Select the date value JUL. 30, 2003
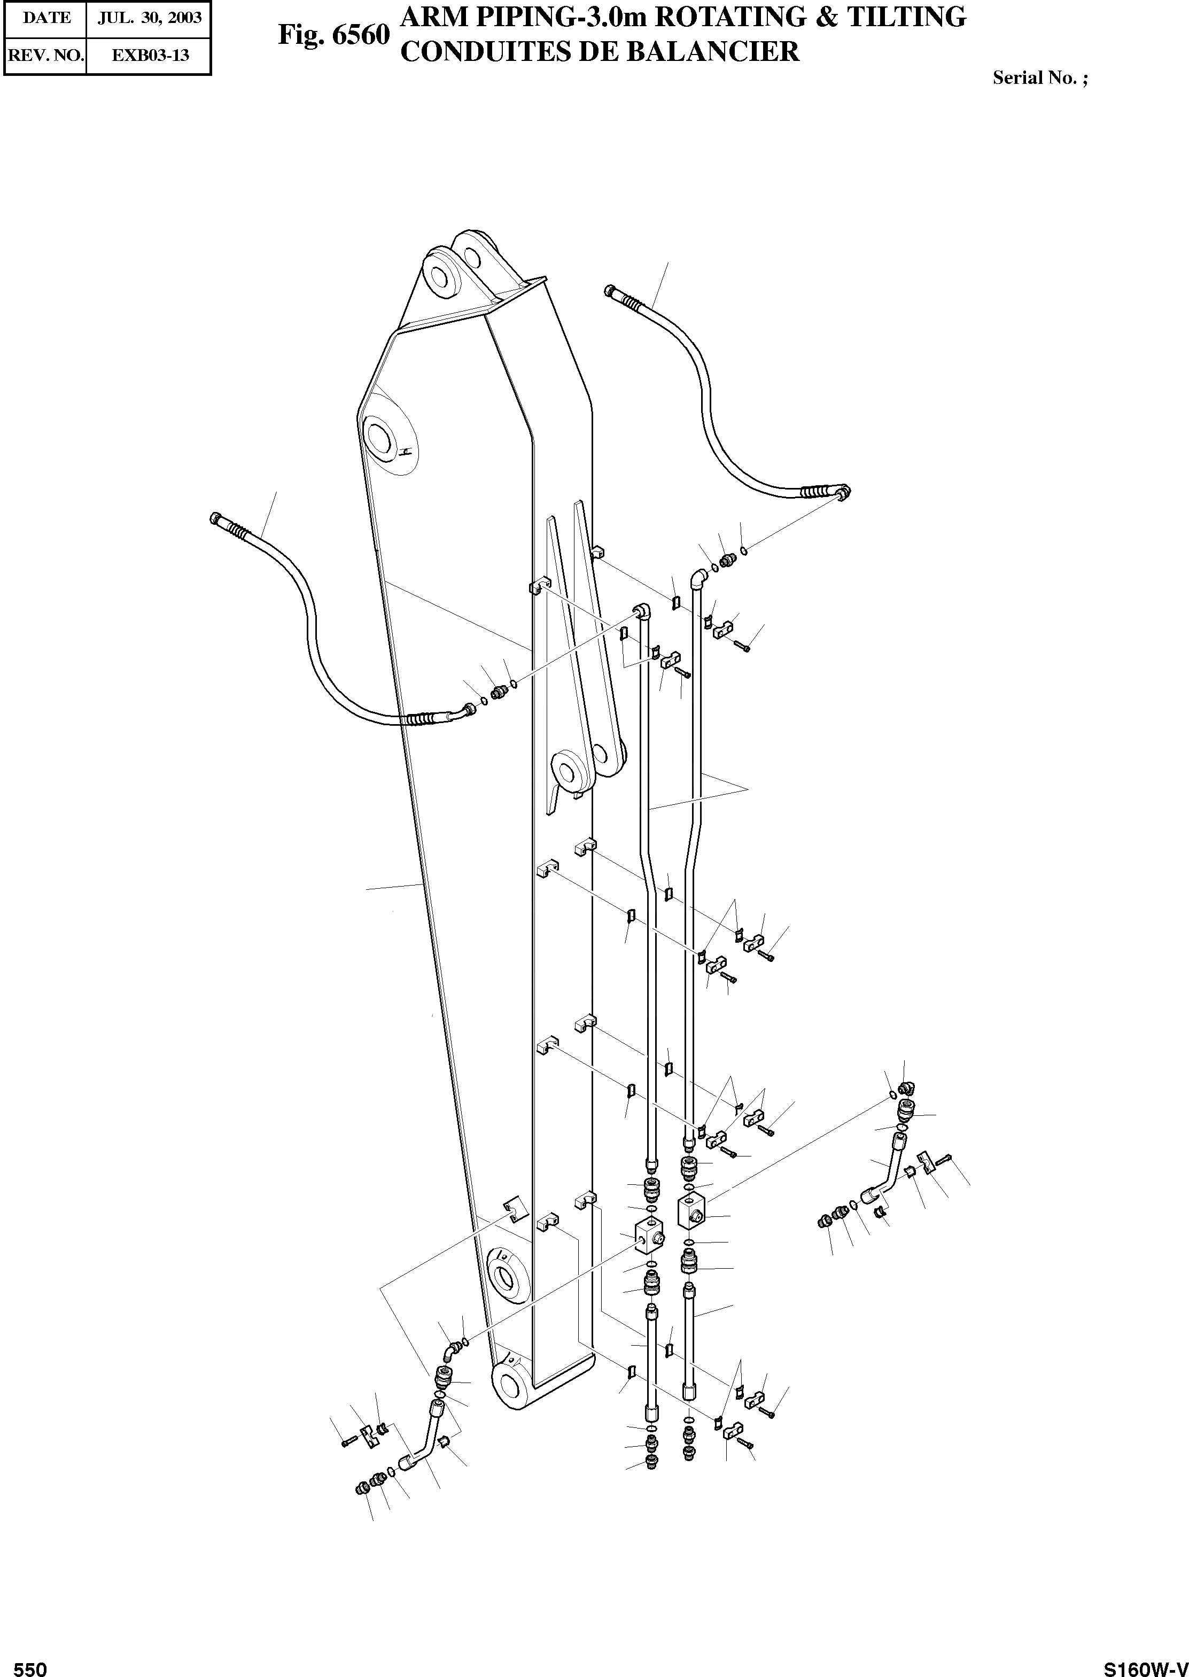tap(149, 18)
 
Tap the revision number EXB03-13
tap(149, 55)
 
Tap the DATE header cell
tap(45, 18)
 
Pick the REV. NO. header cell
tap(45, 55)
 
